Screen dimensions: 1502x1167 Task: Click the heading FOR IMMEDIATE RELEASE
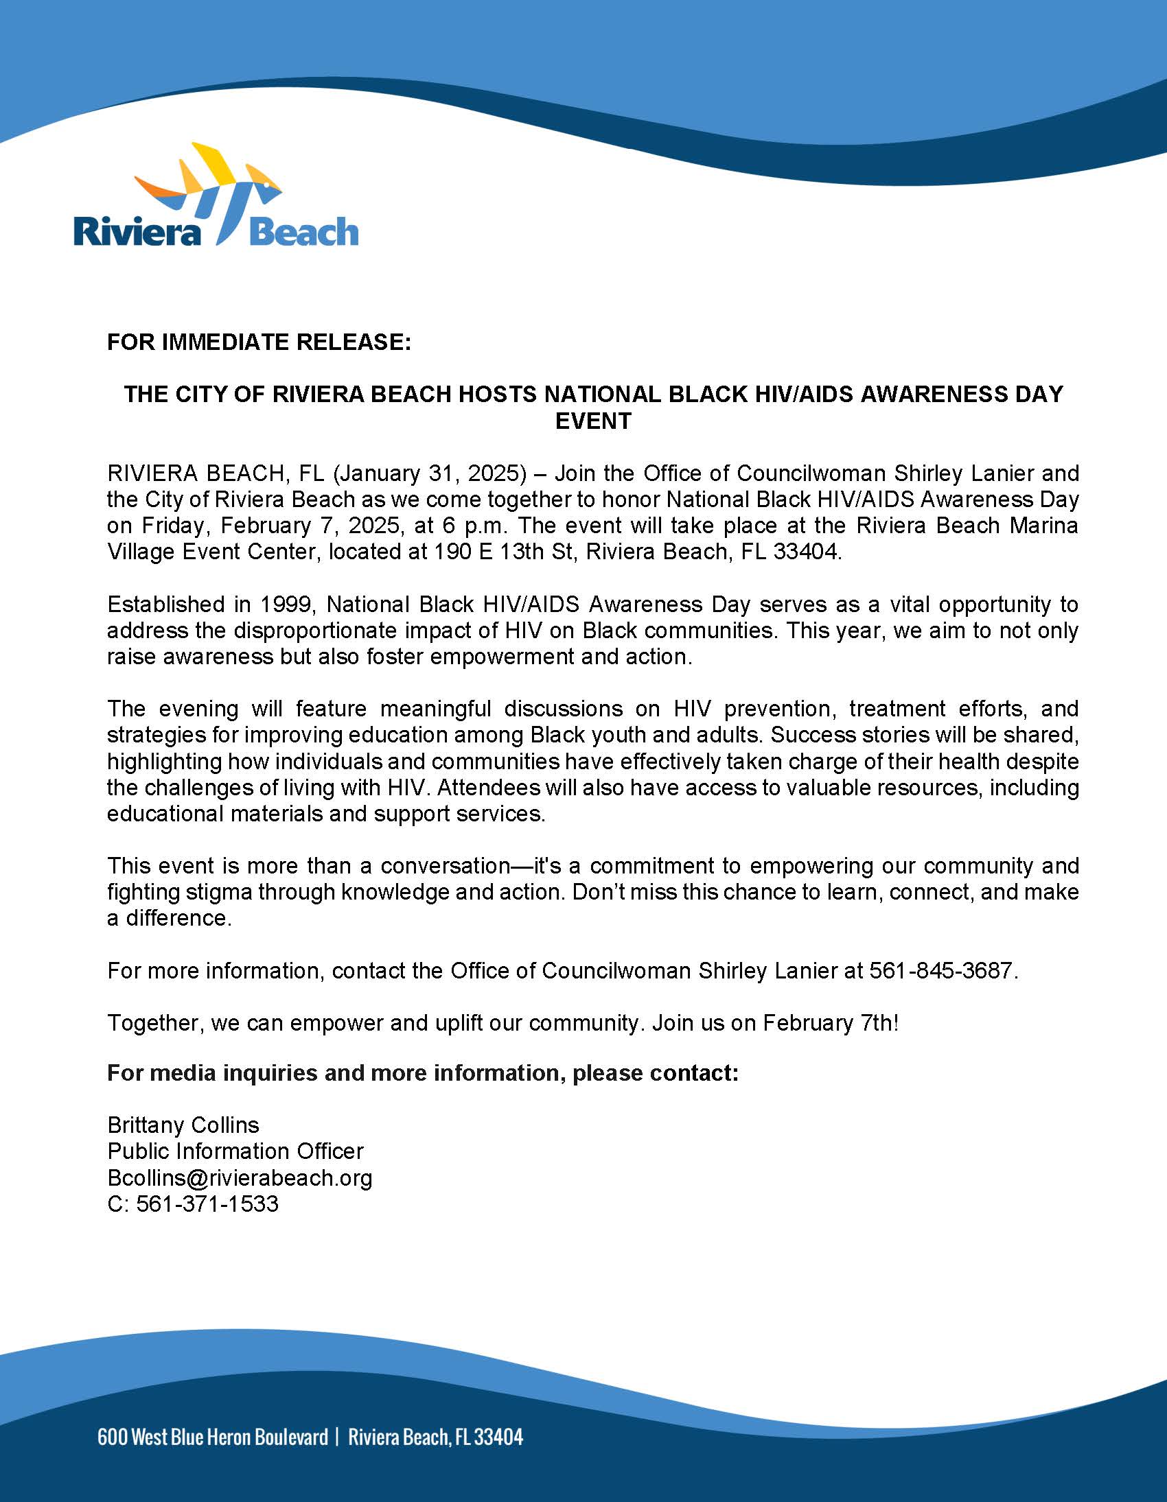259,342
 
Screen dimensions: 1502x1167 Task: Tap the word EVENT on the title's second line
593,421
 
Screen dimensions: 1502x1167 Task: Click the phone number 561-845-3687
940,970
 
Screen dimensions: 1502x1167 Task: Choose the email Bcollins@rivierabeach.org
240,1177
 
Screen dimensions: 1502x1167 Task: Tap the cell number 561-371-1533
207,1204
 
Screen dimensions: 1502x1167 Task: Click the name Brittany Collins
183,1125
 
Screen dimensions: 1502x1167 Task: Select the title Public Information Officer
235,1151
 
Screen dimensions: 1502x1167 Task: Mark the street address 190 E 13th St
503,552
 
